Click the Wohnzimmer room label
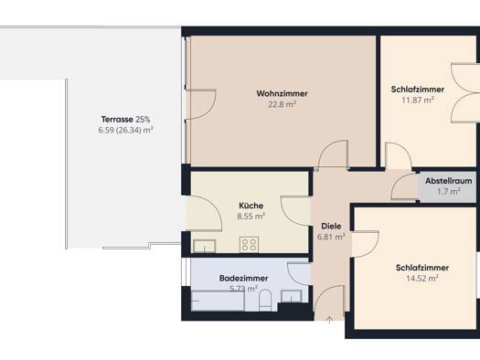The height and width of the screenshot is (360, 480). pos(282,93)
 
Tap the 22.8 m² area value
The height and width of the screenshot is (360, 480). pos(282,104)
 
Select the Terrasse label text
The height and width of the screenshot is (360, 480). pos(117,119)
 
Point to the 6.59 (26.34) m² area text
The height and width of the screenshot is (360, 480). pos(126,130)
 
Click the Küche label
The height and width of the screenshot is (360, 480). pos(251,206)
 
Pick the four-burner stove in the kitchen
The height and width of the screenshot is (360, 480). pos(249,245)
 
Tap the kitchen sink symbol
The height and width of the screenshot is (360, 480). pos(205,246)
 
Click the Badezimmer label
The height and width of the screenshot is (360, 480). pos(244,278)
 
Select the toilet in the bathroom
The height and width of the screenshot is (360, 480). pos(265,300)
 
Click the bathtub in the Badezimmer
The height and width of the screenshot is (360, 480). pos(218,301)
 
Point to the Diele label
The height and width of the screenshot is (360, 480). pos(331,226)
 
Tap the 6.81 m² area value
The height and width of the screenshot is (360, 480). pos(331,237)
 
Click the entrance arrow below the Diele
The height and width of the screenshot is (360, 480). pos(329,320)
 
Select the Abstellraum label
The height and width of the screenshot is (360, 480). pos(449,181)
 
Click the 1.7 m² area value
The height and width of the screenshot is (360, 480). pos(449,192)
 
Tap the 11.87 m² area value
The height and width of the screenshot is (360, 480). pos(418,100)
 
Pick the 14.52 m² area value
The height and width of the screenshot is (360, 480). pos(422,279)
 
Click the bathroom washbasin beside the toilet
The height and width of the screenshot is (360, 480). pos(292,296)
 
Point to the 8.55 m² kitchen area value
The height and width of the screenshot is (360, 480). pos(251,217)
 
